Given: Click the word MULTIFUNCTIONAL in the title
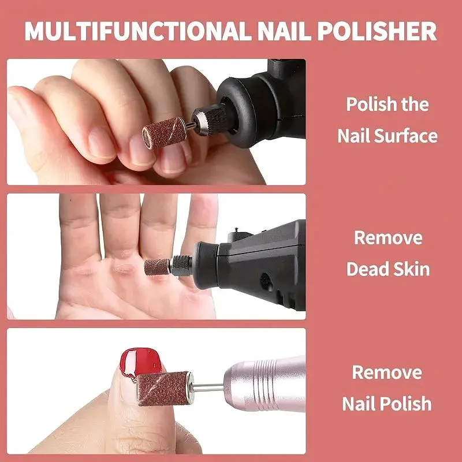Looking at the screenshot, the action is point(138,31).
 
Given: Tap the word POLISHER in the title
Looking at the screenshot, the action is point(377,31).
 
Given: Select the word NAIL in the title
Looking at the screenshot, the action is point(284,31).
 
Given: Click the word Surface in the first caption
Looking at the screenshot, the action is point(406,136).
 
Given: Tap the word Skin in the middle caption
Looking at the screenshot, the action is point(412,269).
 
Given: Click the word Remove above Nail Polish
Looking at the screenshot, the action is point(387,372).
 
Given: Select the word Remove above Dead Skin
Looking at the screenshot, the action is point(388,237).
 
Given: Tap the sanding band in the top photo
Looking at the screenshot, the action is point(164,133).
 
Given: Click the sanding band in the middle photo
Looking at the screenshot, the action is point(157,267).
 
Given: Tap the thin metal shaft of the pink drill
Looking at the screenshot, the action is point(208,388).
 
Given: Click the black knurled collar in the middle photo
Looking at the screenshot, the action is point(181,266).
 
